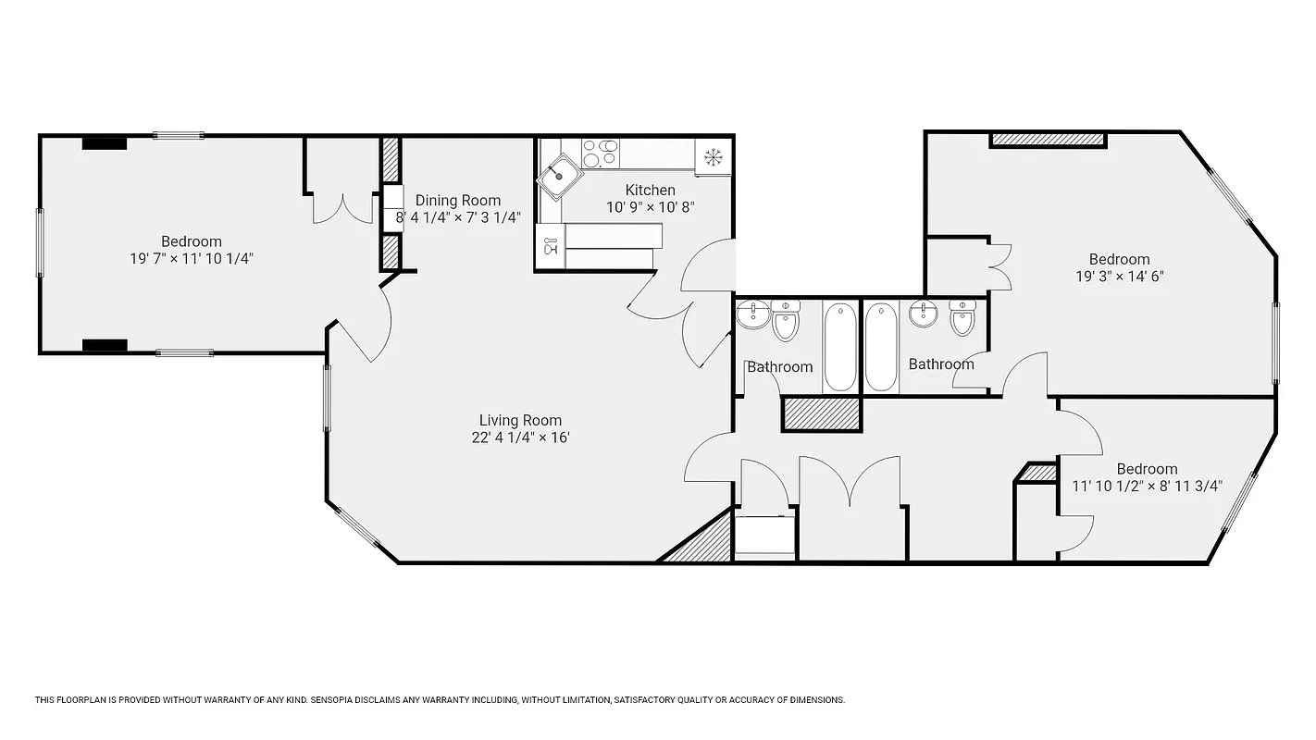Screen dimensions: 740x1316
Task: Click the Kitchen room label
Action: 650,190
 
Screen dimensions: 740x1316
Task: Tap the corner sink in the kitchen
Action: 558,176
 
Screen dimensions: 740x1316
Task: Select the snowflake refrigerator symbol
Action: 714,156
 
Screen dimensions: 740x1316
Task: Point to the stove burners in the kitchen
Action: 601,153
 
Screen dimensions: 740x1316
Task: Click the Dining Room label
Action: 457,200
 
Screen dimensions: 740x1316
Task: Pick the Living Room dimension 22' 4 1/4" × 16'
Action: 520,438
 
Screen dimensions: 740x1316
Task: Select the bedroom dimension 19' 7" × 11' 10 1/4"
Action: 192,259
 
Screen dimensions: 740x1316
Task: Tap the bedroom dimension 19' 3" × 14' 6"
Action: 1119,276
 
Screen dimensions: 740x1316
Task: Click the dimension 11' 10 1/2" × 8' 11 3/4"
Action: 1147,486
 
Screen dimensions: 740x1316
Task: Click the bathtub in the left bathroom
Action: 840,346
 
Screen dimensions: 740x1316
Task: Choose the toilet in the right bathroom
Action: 962,319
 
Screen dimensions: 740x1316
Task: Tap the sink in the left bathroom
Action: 753,315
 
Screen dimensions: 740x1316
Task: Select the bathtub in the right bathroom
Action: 881,346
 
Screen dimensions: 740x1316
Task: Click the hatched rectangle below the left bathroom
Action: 822,413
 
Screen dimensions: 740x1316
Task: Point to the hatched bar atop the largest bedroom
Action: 1048,140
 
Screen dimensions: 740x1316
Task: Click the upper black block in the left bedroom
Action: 104,142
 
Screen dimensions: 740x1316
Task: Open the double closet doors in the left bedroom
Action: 342,208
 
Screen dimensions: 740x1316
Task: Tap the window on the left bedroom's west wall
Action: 40,242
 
